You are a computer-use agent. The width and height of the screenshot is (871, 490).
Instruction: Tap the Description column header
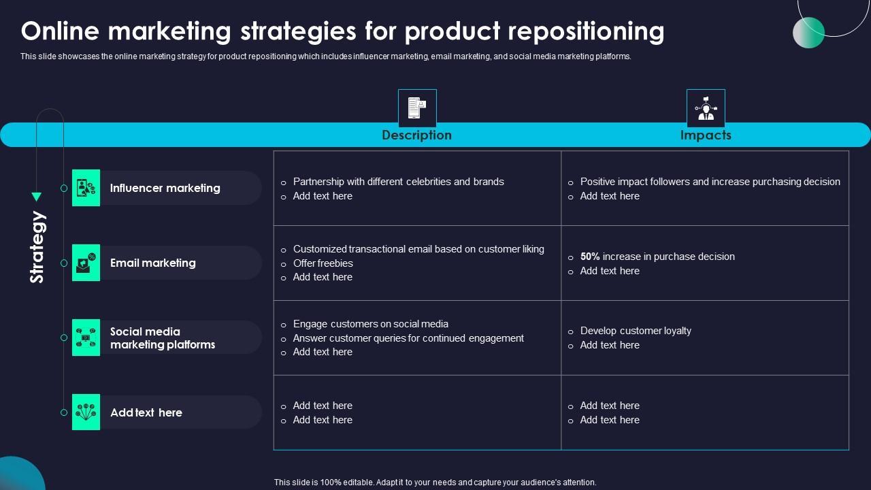(x=416, y=135)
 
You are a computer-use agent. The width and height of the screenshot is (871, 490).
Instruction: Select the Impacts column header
(x=706, y=135)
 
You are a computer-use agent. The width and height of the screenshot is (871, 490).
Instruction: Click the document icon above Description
(x=416, y=108)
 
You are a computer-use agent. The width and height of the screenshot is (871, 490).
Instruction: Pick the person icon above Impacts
(x=706, y=108)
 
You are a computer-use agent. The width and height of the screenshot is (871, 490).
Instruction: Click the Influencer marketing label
(x=165, y=188)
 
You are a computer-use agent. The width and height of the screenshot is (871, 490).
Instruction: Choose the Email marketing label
(x=153, y=263)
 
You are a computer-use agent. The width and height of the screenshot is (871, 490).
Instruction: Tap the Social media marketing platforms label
(x=163, y=338)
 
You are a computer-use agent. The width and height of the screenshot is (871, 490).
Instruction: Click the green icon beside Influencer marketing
(x=86, y=188)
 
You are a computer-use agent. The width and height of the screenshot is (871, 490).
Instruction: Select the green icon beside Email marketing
(x=86, y=263)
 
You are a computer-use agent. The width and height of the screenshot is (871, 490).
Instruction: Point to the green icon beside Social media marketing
(x=86, y=338)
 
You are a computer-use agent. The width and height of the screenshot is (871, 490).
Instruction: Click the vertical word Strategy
(x=37, y=247)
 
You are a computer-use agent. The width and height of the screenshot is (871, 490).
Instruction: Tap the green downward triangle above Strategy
(x=37, y=197)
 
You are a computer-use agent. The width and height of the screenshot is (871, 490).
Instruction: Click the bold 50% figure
(x=590, y=257)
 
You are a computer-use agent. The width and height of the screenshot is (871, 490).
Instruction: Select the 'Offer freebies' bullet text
(x=323, y=263)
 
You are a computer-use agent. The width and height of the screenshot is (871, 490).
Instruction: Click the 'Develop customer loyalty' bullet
(x=636, y=331)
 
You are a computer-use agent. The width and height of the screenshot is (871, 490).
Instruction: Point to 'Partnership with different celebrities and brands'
(x=398, y=182)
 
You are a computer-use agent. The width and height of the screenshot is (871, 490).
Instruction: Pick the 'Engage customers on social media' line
(x=370, y=324)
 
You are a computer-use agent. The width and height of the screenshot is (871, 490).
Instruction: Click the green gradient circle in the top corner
(x=808, y=32)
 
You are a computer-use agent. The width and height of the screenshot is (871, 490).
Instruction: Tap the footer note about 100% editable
(x=435, y=482)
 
